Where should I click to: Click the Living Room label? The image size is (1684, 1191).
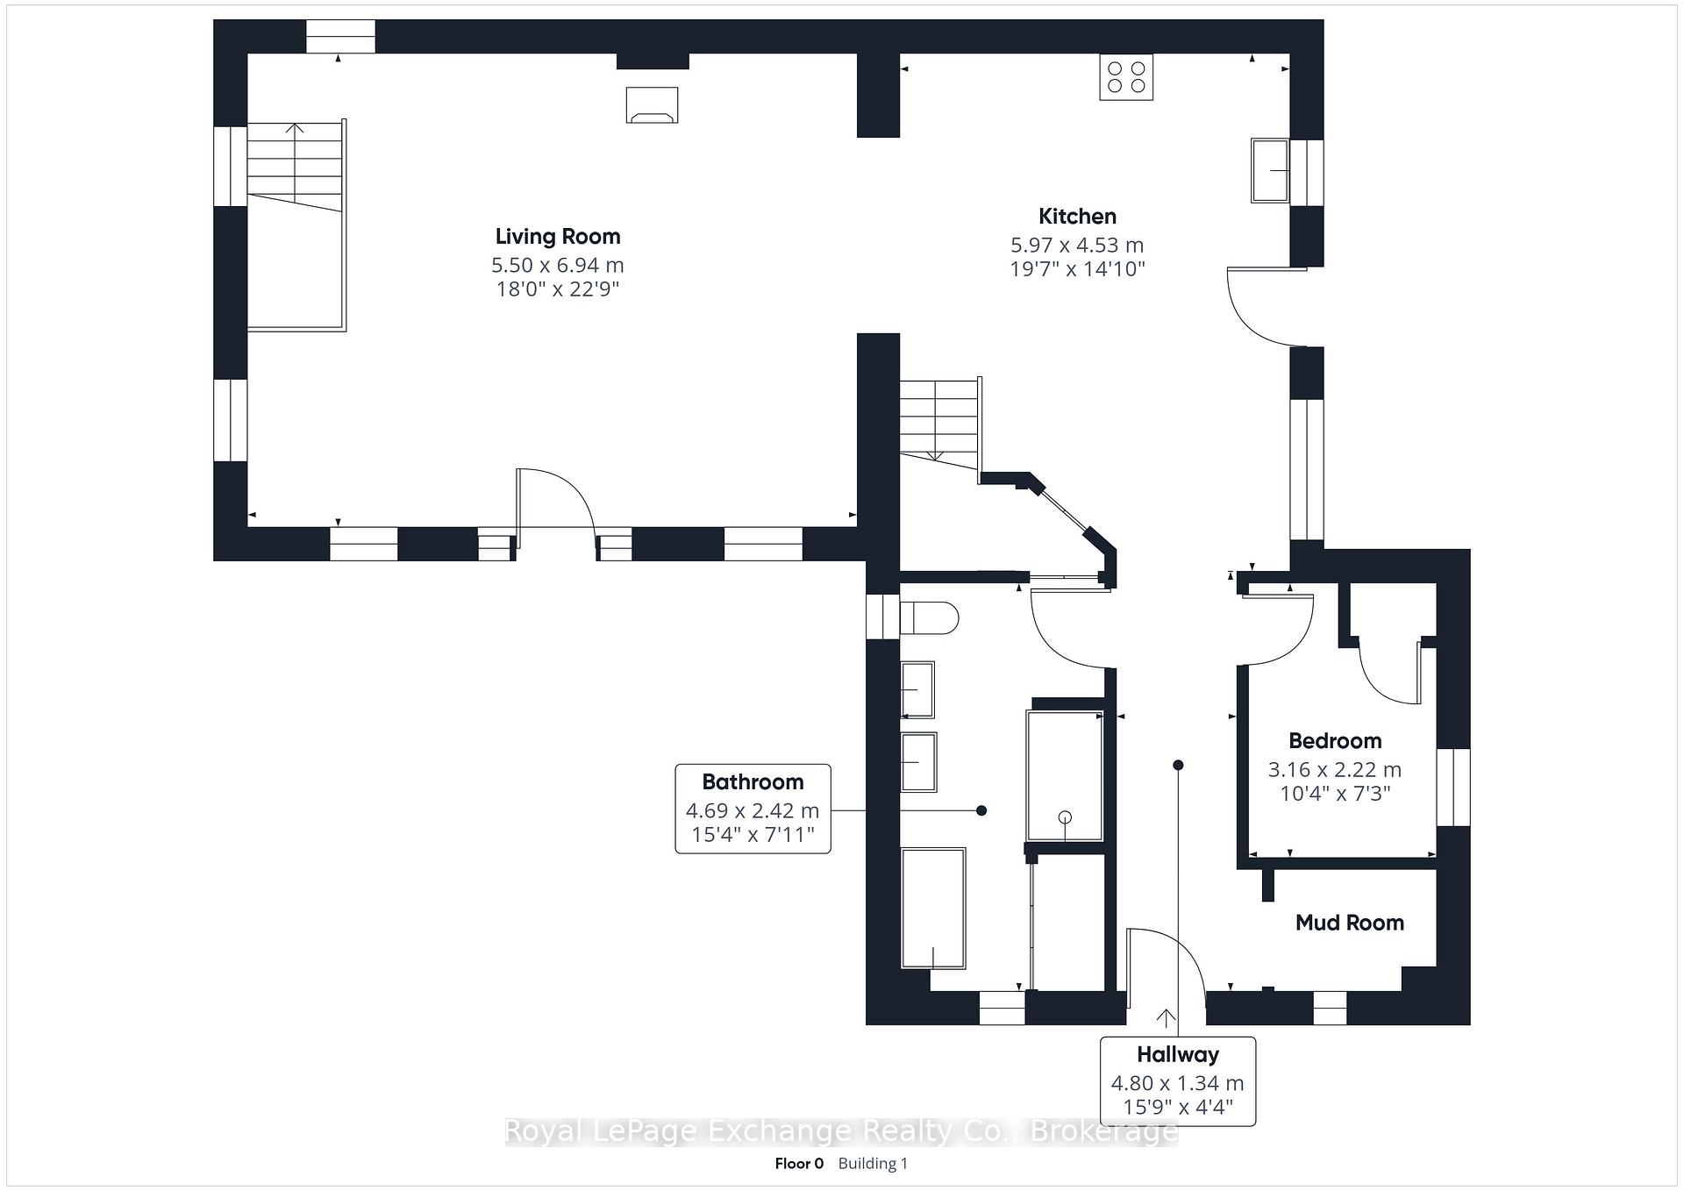[x=558, y=236]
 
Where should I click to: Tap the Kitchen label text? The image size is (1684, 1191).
[x=1077, y=217]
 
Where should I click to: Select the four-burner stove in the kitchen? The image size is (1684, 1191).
[x=1126, y=76]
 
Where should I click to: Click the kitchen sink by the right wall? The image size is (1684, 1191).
[x=1270, y=170]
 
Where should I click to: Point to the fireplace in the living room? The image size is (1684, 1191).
[x=652, y=104]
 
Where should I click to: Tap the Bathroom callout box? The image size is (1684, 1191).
[x=753, y=809]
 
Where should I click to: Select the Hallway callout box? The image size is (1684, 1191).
[x=1178, y=1081]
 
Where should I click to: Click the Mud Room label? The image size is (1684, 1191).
[x=1350, y=923]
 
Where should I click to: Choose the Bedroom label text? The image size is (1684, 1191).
[x=1335, y=741]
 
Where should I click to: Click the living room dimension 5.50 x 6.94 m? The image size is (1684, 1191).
[x=558, y=265]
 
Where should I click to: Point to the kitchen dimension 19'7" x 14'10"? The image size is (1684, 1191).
[x=1077, y=269]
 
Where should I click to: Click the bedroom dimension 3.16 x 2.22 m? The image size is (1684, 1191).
[x=1335, y=770]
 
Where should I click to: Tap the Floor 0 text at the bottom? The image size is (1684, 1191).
[x=799, y=1164]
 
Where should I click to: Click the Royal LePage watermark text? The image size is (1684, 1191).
[x=841, y=1132]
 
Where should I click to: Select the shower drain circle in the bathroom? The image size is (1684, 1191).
[x=1066, y=817]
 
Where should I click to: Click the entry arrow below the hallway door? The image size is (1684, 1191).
[x=1166, y=1018]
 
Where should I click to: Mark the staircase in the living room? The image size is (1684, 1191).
[x=296, y=226]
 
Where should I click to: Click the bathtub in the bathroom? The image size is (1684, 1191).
[x=933, y=908]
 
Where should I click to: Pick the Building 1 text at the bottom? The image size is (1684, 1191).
[x=873, y=1164]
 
